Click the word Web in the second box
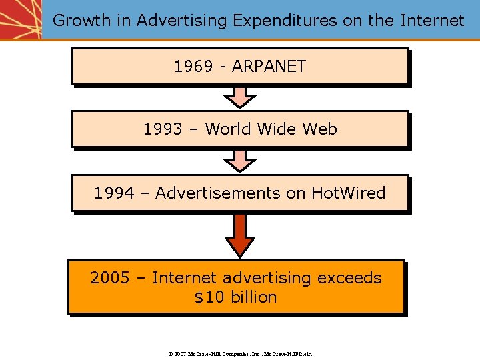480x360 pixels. click(x=320, y=129)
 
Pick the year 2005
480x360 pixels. click(x=110, y=278)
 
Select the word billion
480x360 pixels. click(x=253, y=297)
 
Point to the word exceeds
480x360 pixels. click(x=349, y=278)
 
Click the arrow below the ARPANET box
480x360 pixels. click(x=239, y=97)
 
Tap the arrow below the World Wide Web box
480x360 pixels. click(x=239, y=160)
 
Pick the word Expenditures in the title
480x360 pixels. click(x=285, y=21)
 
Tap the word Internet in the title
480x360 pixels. click(x=432, y=21)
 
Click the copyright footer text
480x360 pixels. click(x=240, y=353)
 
